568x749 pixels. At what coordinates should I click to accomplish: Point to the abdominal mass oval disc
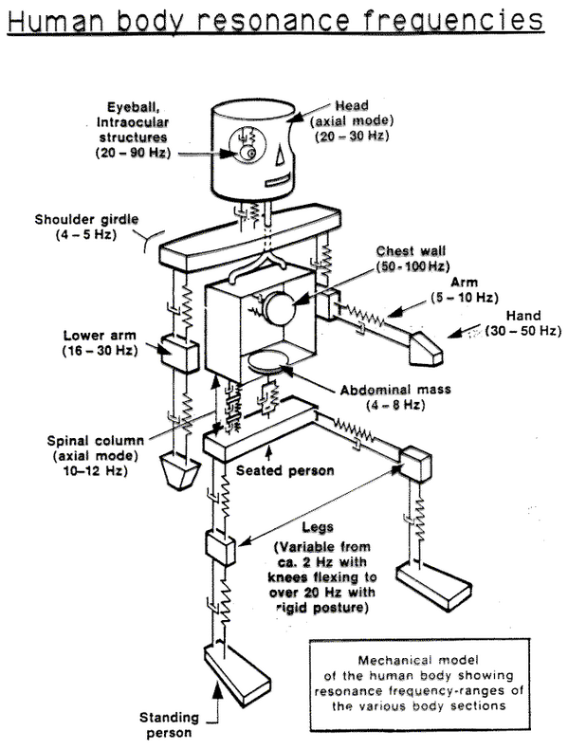(275, 362)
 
